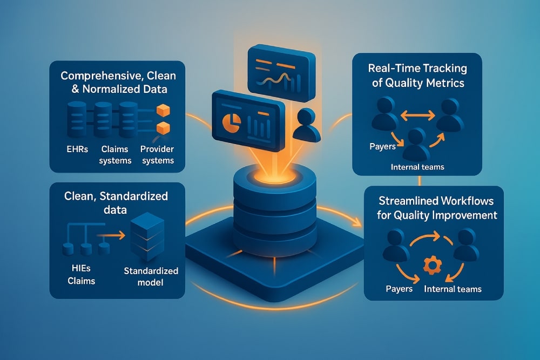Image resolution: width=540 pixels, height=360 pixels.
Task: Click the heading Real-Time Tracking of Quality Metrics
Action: coord(409,76)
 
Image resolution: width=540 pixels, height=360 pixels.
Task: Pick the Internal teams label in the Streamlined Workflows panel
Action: coord(453,289)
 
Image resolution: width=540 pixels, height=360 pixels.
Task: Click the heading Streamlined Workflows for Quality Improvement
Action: coord(434,209)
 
